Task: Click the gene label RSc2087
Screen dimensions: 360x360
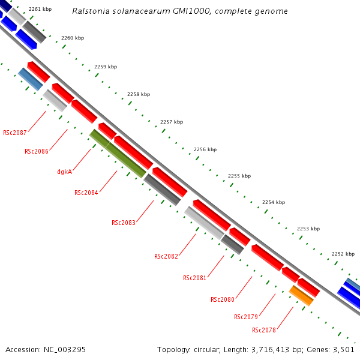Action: click(x=15, y=132)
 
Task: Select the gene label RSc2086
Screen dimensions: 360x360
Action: click(x=37, y=151)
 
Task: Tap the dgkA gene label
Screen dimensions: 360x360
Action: click(x=65, y=172)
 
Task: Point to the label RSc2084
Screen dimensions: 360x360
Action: click(x=86, y=193)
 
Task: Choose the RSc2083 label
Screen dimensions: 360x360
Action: click(x=124, y=223)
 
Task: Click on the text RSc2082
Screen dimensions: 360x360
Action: click(x=166, y=256)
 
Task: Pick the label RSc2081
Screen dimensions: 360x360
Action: click(x=195, y=278)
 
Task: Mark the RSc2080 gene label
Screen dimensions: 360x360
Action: click(x=223, y=299)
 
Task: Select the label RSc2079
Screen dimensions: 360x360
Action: click(x=246, y=317)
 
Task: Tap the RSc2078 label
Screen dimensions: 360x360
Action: click(x=264, y=330)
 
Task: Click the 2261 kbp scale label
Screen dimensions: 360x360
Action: click(x=40, y=10)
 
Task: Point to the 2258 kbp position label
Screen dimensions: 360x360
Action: click(x=139, y=94)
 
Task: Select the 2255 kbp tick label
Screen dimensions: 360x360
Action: click(x=239, y=176)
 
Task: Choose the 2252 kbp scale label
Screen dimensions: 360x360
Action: click(x=343, y=254)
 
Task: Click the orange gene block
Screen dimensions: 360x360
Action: click(x=301, y=295)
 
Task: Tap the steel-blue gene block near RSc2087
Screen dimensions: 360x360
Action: click(x=31, y=79)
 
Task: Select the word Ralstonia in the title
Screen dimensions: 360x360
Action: click(x=91, y=11)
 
